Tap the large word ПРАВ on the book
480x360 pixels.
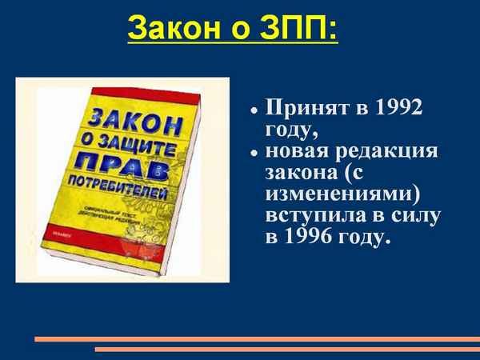[129, 169]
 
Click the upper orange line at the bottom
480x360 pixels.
[256, 338]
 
